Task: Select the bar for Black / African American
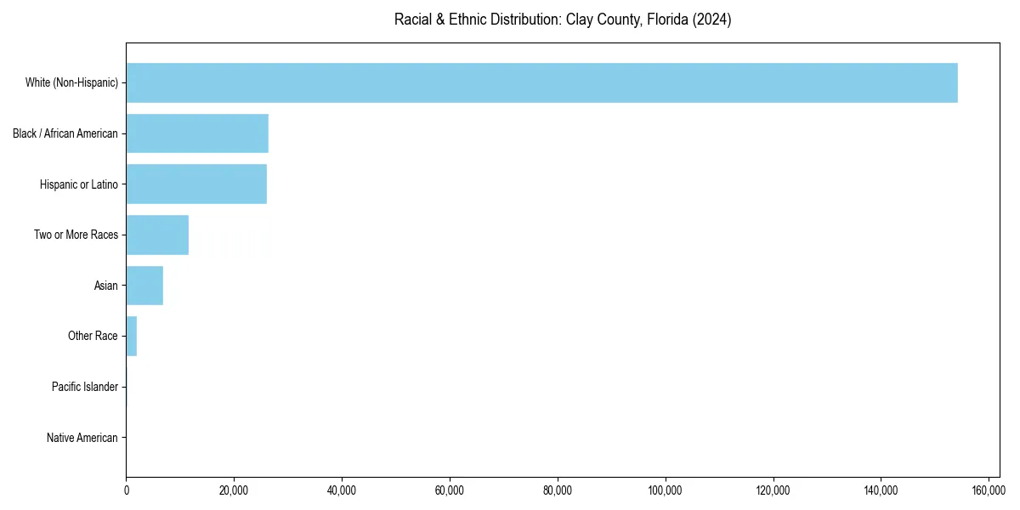click(x=197, y=133)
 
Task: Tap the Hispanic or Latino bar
click(x=196, y=184)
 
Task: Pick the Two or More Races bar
click(x=157, y=235)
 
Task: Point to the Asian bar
click(x=144, y=286)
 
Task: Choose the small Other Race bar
click(x=132, y=337)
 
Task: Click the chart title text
click(x=563, y=20)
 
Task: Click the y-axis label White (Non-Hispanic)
click(x=71, y=82)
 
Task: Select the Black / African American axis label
click(x=65, y=133)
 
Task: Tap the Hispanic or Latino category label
click(x=79, y=184)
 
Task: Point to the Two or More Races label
click(x=76, y=235)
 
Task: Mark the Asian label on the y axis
click(x=105, y=286)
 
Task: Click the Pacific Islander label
click(x=85, y=388)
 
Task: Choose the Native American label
click(x=82, y=439)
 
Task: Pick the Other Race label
click(x=93, y=337)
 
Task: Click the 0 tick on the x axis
click(x=126, y=490)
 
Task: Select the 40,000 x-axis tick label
click(x=342, y=490)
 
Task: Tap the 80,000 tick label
click(x=557, y=490)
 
